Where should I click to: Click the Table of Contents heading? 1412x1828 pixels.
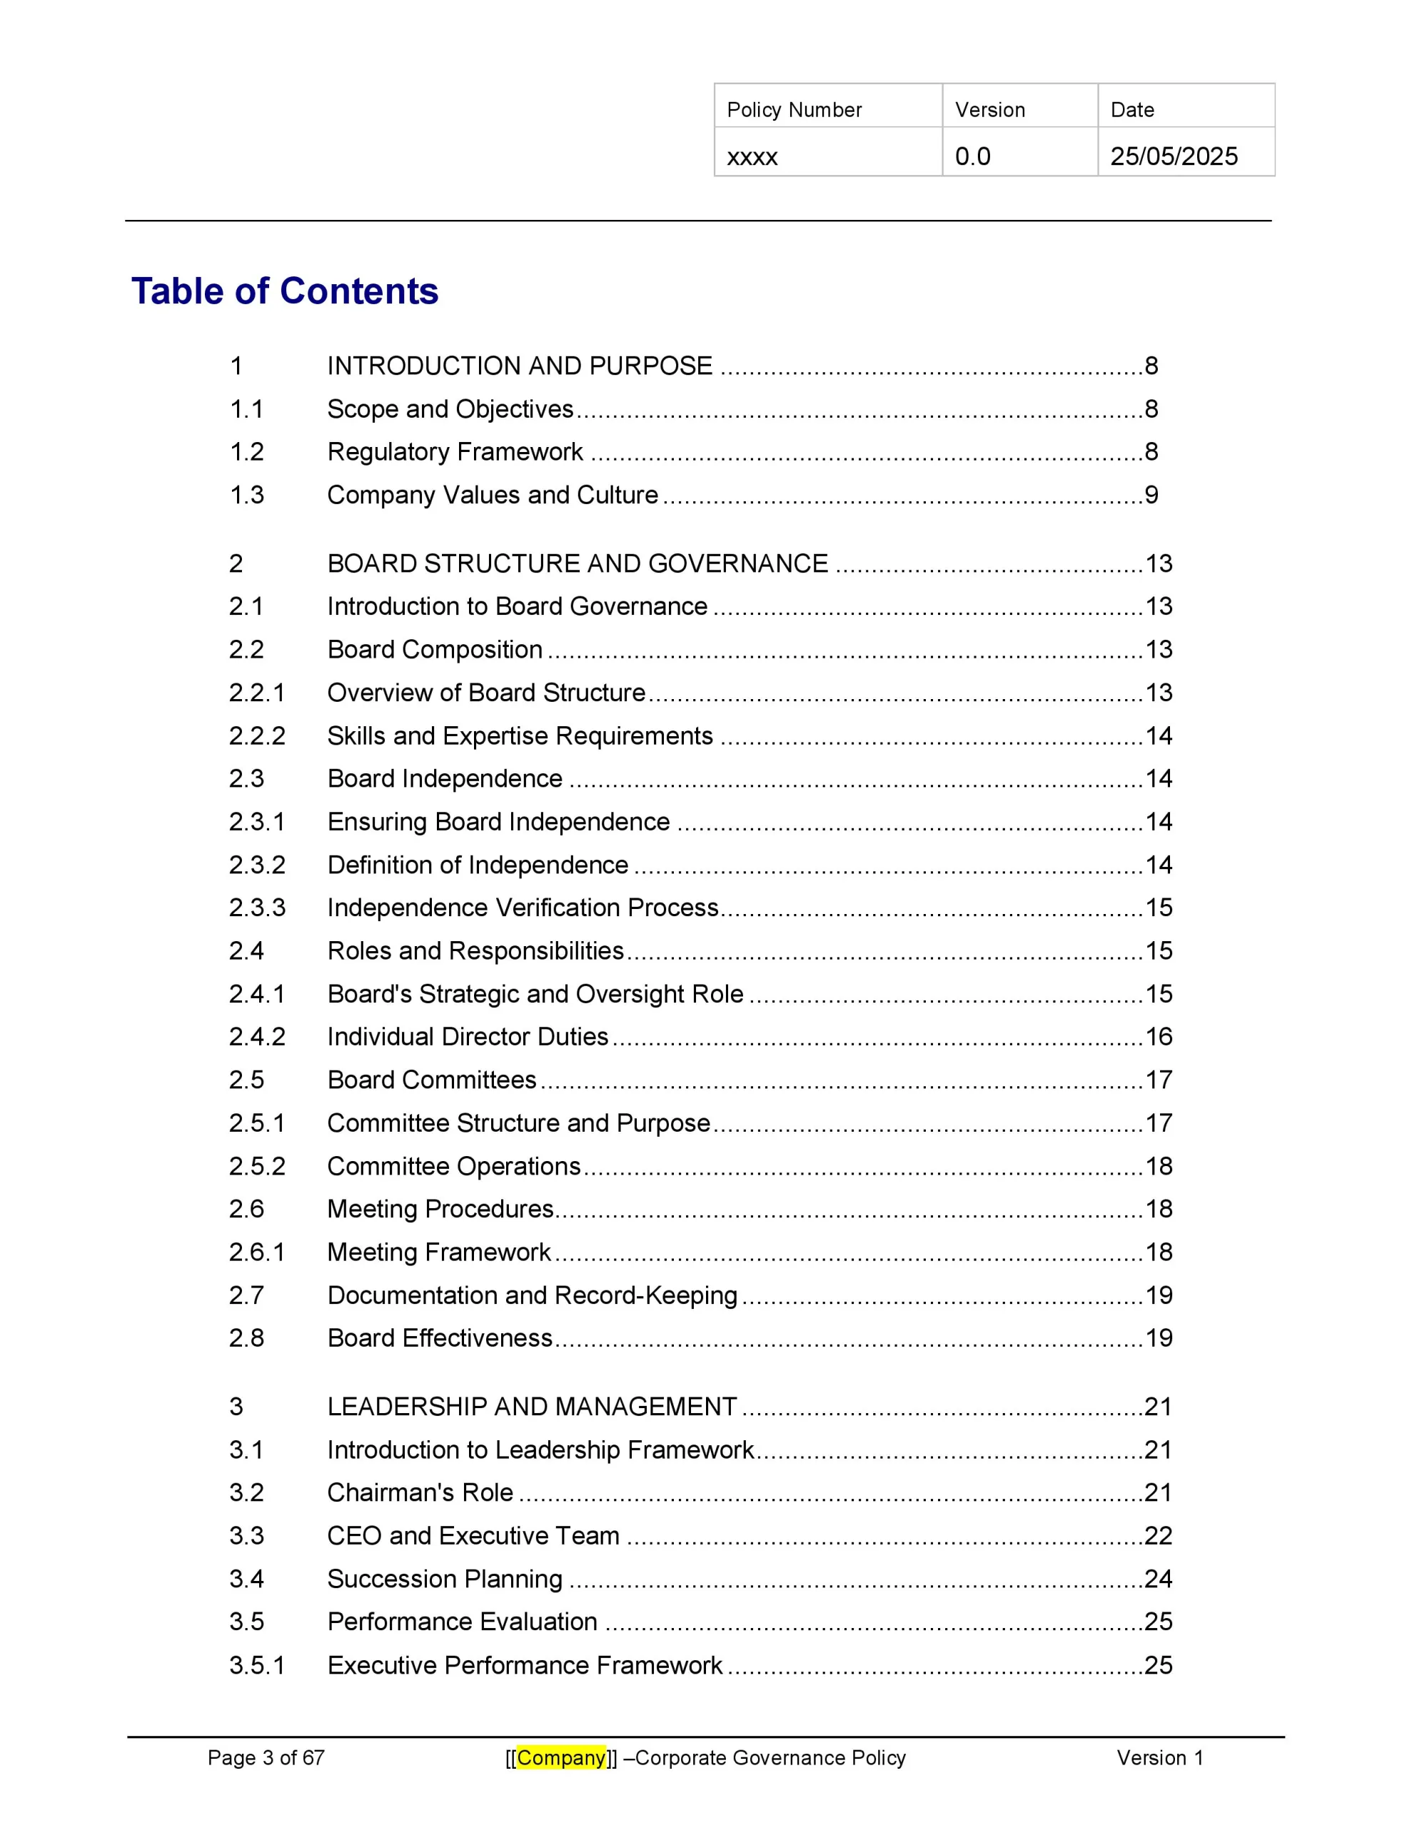(x=285, y=291)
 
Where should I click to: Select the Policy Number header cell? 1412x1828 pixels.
(x=794, y=110)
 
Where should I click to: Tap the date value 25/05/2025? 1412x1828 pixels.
(x=1174, y=156)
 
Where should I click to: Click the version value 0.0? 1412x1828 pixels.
(x=972, y=156)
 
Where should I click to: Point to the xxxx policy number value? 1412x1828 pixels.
(x=752, y=157)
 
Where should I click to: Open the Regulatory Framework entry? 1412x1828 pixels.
(x=455, y=452)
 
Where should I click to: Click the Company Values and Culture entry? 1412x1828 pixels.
(x=492, y=495)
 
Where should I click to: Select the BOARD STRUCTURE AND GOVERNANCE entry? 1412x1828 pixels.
(x=578, y=563)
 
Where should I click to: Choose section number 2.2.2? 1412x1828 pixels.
(x=257, y=735)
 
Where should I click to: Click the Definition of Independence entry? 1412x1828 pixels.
(x=477, y=865)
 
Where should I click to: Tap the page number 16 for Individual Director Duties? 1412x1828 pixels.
(x=1159, y=1036)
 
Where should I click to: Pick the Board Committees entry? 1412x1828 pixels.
(x=432, y=1080)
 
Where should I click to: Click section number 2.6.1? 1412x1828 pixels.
(x=257, y=1252)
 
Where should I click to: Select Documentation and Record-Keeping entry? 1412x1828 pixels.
(x=533, y=1295)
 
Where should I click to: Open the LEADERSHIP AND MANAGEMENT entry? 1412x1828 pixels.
(x=533, y=1406)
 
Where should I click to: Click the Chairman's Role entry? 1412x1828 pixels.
(x=420, y=1492)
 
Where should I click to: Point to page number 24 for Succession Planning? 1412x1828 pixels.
(x=1159, y=1579)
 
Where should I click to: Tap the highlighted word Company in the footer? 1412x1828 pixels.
(x=561, y=1758)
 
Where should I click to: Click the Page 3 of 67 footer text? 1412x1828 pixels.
(x=266, y=1758)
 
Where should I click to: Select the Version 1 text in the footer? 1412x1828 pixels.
(x=1159, y=1758)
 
